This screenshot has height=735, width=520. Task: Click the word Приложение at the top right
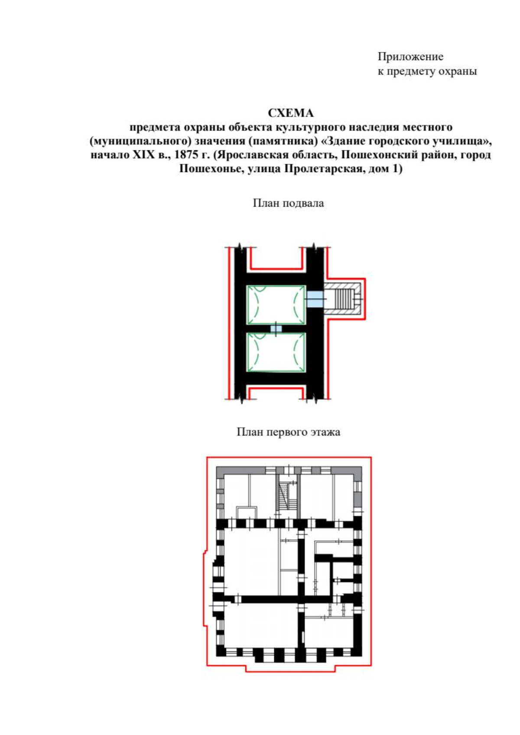click(410, 56)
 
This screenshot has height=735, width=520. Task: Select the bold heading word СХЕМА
click(291, 113)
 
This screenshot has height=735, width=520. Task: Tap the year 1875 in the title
click(186, 154)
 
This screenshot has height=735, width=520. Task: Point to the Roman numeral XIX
click(143, 154)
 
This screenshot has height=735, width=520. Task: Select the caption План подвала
click(288, 203)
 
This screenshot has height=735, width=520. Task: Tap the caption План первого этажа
click(288, 432)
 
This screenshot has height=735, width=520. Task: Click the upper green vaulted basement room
click(276, 305)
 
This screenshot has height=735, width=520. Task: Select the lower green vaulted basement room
click(276, 352)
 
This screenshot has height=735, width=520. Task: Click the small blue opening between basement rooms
click(276, 328)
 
